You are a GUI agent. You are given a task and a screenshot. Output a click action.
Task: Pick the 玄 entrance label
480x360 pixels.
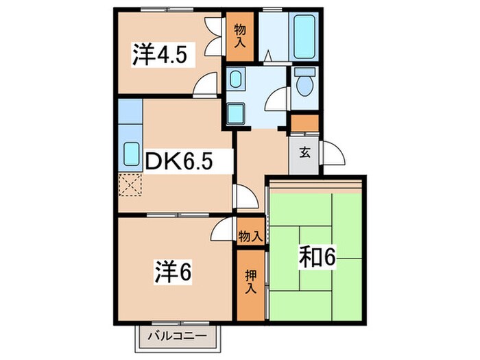303,152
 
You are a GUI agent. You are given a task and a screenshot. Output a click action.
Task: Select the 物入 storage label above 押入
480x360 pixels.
250,236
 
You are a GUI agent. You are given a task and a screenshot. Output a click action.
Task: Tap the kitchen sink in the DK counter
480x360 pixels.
130,156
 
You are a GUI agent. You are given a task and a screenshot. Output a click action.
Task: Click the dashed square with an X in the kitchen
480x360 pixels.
129,184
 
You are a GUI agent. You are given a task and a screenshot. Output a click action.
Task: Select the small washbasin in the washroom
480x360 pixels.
236,81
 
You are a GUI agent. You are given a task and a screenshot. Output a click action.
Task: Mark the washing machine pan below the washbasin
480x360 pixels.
238,112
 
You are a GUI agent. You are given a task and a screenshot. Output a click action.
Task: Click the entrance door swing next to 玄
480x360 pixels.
327,151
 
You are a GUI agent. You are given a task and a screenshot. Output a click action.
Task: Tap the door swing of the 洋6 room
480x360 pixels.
223,229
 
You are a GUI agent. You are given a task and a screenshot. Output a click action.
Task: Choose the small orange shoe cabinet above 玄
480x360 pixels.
304,123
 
